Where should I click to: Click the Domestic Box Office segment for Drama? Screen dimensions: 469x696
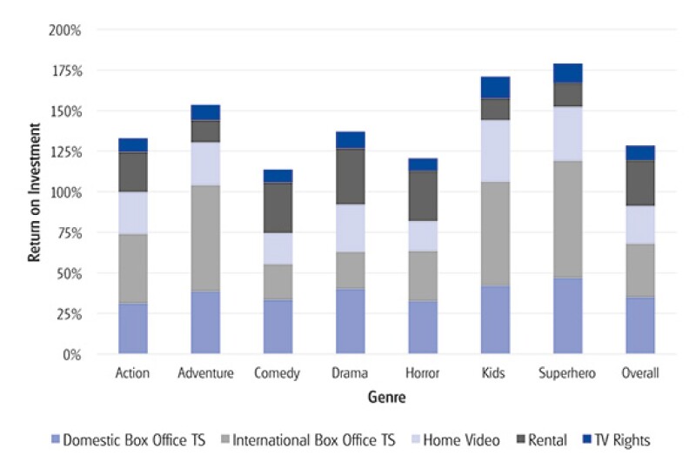(350, 321)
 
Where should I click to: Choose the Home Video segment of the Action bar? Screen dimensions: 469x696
(132, 213)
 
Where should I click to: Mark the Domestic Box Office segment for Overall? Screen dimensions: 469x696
(639, 325)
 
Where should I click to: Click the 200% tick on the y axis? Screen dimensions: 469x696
(65, 30)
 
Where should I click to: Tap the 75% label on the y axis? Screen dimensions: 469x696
(68, 232)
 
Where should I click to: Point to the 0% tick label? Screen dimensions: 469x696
(71, 354)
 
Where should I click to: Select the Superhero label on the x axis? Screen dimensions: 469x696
(567, 374)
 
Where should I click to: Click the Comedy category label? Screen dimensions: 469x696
(277, 374)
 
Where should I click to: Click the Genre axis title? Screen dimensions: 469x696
(385, 398)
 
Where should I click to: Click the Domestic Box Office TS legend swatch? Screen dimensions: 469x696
(57, 441)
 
